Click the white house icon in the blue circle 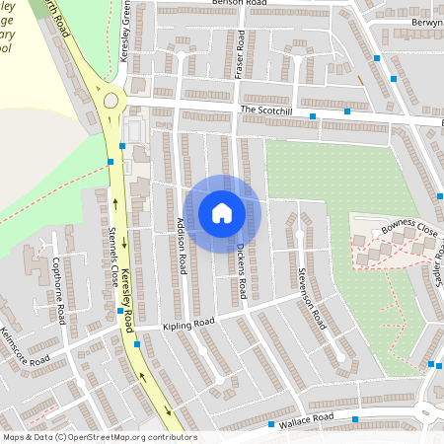click(222, 213)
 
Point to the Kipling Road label click(188, 324)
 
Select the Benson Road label click(239, 4)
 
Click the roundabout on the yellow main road click(111, 100)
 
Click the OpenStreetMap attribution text click(99, 437)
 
